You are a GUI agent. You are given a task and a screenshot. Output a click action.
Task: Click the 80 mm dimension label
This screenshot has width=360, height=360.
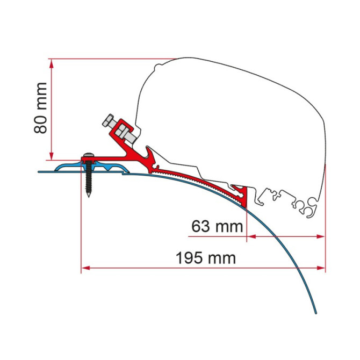pyautogui.click(x=41, y=108)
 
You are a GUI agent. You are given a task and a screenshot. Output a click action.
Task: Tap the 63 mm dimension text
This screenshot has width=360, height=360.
pyautogui.click(x=217, y=226)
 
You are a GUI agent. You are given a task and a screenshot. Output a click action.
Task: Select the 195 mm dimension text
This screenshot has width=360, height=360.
pyautogui.click(x=206, y=258)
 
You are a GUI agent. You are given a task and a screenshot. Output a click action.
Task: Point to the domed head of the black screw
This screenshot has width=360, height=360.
pyautogui.click(x=89, y=155)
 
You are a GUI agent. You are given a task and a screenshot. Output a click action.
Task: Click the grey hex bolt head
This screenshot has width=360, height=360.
pyautogui.click(x=107, y=120)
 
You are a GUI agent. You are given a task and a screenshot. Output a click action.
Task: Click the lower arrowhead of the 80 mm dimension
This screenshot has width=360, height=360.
pyautogui.click(x=52, y=155)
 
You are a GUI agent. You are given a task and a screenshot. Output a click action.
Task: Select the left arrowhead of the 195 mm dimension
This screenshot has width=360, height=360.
pyautogui.click(x=85, y=268)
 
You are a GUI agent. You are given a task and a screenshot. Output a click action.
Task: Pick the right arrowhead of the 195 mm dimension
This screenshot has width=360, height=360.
pyautogui.click(x=321, y=268)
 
